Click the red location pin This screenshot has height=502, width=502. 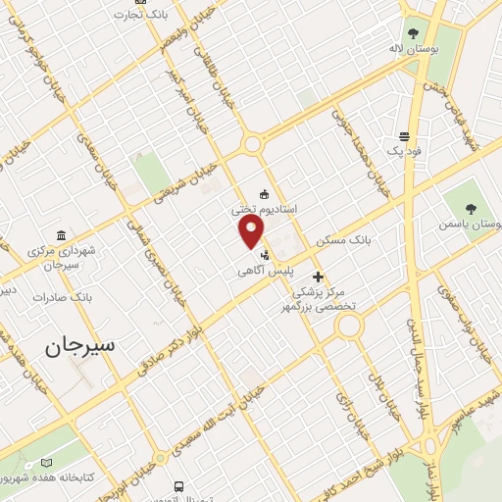point(252,231)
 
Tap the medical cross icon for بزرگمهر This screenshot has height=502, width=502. point(318,276)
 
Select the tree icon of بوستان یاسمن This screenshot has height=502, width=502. point(471,208)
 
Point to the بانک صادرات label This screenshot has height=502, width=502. point(61,295)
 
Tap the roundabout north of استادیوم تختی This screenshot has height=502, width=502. point(254,143)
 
